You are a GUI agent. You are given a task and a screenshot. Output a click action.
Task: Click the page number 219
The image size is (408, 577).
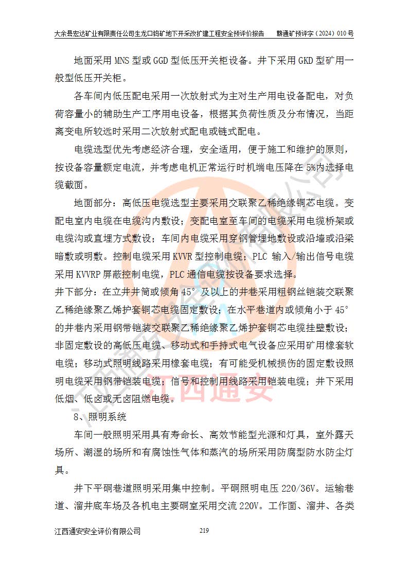click(x=204, y=531)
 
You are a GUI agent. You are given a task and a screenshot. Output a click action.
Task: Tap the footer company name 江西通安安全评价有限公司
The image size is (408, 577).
click(x=97, y=531)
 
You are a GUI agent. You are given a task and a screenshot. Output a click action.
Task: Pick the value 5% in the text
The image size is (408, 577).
click(x=310, y=168)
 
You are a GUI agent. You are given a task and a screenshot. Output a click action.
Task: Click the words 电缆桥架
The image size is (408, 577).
click(x=322, y=221)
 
